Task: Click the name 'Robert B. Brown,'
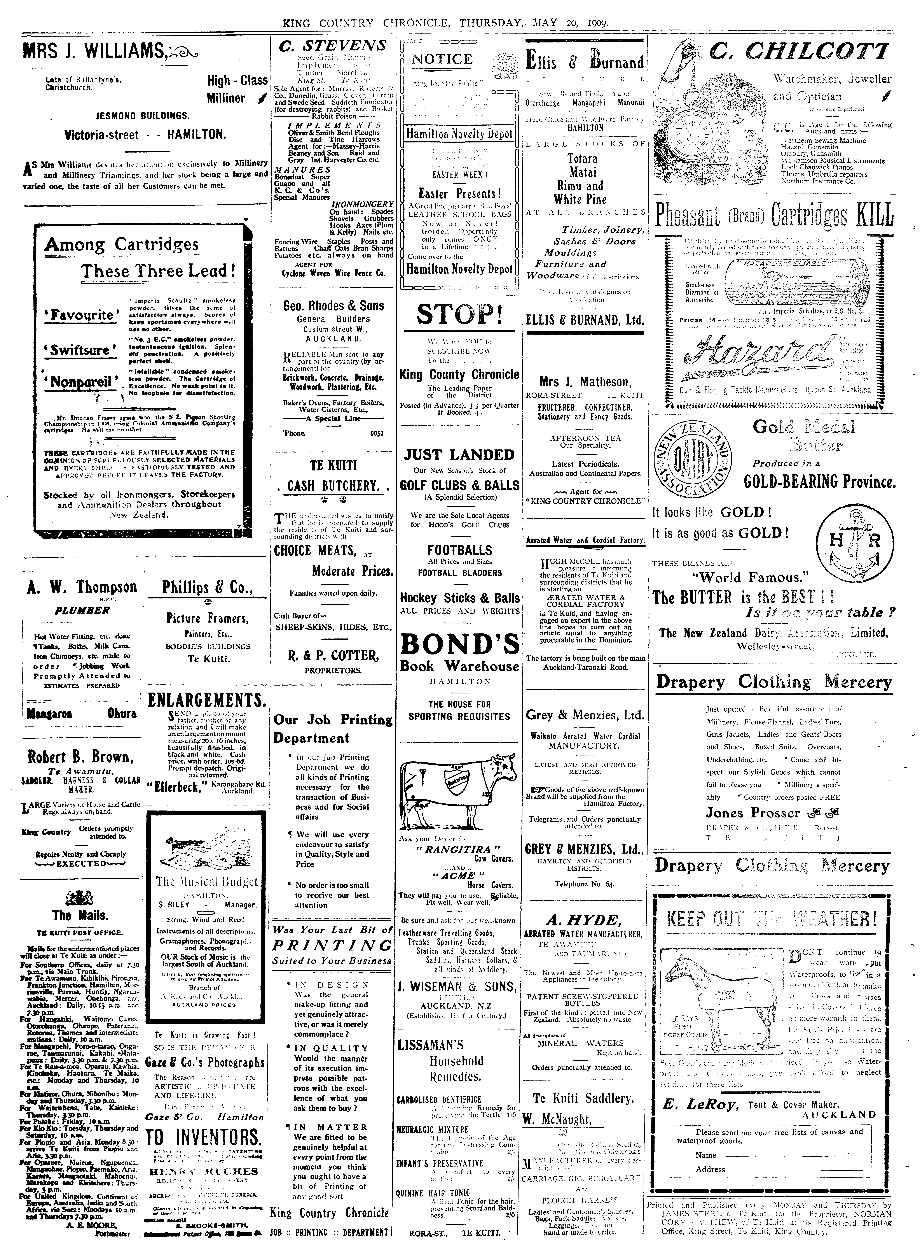81,758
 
